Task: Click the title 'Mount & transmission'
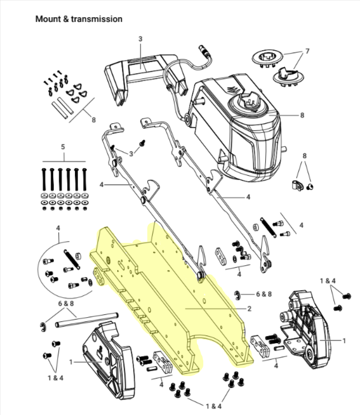coord(79,19)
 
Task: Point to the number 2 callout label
coord(249,308)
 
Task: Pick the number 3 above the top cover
coord(141,39)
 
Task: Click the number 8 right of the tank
coord(302,115)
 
